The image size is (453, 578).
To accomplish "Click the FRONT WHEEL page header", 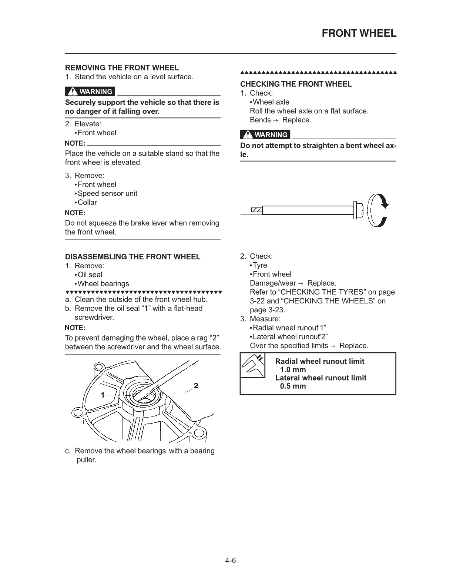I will [x=359, y=33].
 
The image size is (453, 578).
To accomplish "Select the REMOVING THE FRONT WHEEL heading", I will [x=122, y=68].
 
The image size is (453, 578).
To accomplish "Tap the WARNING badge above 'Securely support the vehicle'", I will [x=90, y=92].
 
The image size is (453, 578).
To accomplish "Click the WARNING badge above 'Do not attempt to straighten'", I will [x=265, y=135].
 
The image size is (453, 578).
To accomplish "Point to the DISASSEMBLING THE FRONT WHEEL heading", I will [x=132, y=257].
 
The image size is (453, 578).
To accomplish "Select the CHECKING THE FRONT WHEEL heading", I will [x=296, y=84].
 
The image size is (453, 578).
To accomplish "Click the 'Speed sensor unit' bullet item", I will [x=107, y=193].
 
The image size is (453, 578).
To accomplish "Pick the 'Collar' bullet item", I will [x=87, y=202].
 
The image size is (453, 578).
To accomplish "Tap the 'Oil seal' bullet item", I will [x=90, y=275].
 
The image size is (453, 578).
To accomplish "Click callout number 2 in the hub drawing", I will [x=196, y=385].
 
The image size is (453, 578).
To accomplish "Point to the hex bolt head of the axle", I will [x=359, y=210].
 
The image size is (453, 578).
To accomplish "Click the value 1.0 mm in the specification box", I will [x=293, y=369].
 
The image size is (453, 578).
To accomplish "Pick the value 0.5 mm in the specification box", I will [x=293, y=386].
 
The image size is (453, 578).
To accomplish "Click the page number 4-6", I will [x=231, y=561].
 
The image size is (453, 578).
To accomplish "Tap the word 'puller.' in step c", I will [x=86, y=460].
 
